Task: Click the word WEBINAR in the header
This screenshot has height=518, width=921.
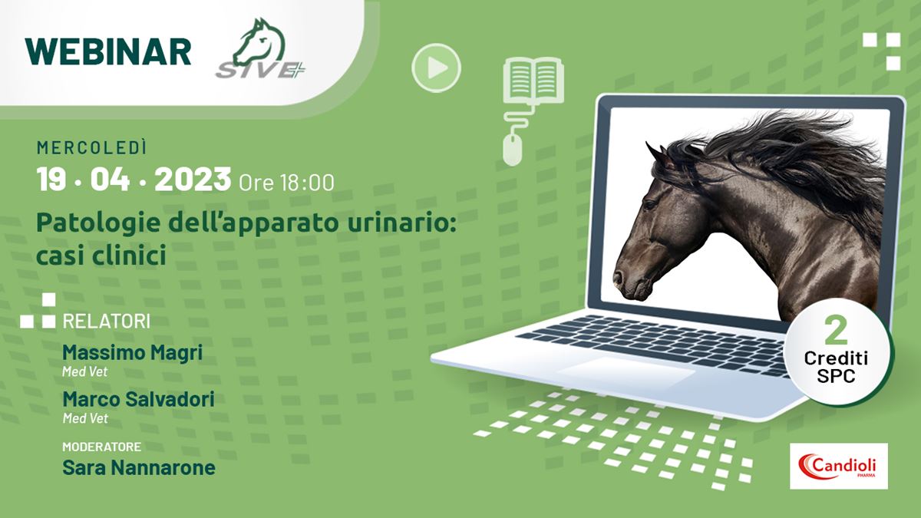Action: click(x=108, y=52)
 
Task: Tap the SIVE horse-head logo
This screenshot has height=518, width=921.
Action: click(x=261, y=48)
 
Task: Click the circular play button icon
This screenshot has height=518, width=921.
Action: click(x=436, y=68)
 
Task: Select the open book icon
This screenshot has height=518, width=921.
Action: click(x=533, y=80)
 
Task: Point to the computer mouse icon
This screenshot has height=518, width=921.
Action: click(x=513, y=150)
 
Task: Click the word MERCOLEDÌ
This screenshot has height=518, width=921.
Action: click(x=91, y=147)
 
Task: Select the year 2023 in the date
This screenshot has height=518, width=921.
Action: click(x=193, y=180)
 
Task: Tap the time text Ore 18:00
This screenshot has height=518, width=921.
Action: click(x=286, y=183)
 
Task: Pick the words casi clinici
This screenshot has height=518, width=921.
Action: click(x=101, y=255)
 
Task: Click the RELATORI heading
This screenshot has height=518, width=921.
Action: click(x=107, y=322)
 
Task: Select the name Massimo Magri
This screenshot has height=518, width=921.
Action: click(x=132, y=352)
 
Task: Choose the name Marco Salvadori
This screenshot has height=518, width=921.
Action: click(x=139, y=399)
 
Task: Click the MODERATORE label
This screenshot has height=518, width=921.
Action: click(x=102, y=447)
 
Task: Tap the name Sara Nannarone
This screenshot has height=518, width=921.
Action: click(x=139, y=467)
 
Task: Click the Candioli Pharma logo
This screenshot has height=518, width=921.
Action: click(x=839, y=467)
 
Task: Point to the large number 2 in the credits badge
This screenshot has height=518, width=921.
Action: click(x=837, y=332)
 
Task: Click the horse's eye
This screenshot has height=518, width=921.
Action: click(x=650, y=204)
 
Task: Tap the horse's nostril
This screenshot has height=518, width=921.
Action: click(x=618, y=278)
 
